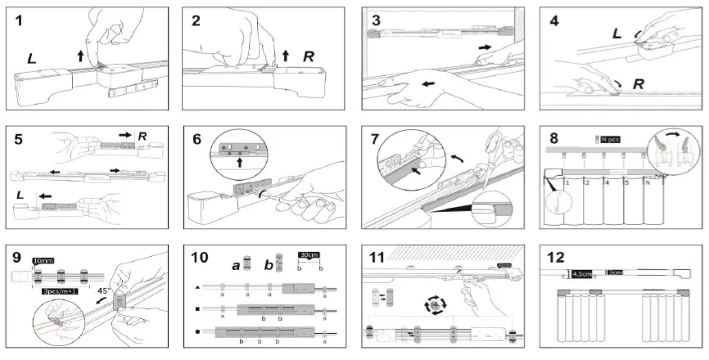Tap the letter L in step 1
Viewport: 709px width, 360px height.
(31, 60)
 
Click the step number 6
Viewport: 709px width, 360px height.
(196, 139)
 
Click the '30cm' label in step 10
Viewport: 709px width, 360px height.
(308, 254)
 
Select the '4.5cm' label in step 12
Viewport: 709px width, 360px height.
(583, 274)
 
